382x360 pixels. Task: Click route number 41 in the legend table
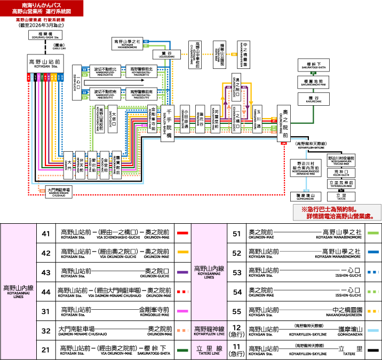click(45, 233)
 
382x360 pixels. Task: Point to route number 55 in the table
click(236, 311)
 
